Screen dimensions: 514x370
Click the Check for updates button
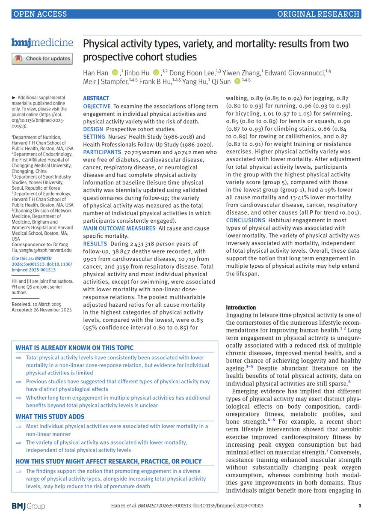coord(41,58)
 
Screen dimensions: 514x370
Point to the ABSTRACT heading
coord(96,98)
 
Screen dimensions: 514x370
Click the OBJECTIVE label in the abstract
coord(96,106)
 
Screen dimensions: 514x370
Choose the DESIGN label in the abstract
coord(93,129)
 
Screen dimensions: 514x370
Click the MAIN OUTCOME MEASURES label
coord(119,228)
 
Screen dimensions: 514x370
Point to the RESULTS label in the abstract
coord(95,244)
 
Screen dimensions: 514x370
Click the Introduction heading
coord(241,308)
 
